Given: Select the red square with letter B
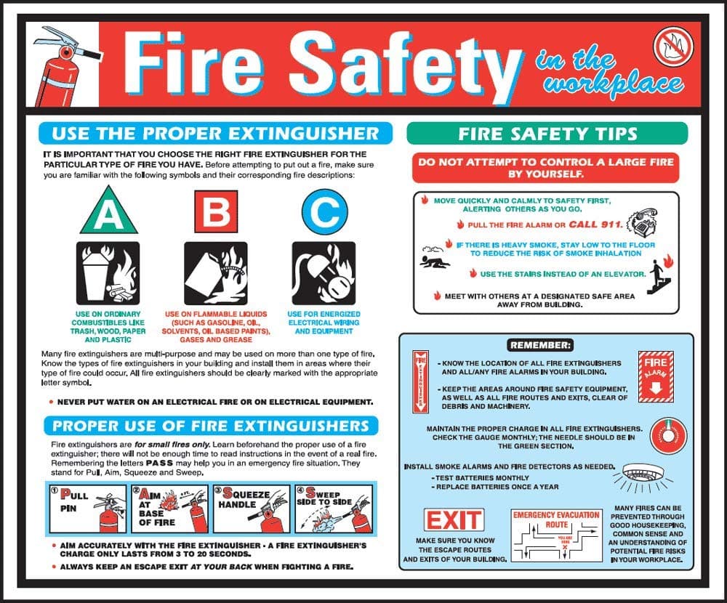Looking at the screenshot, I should [216, 210].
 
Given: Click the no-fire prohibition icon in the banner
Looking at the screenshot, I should [673, 46].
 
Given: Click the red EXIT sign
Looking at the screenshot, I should [454, 520].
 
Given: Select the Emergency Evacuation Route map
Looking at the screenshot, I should [557, 538].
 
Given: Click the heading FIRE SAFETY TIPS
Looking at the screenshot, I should [547, 134].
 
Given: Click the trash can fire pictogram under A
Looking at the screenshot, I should [108, 273].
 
